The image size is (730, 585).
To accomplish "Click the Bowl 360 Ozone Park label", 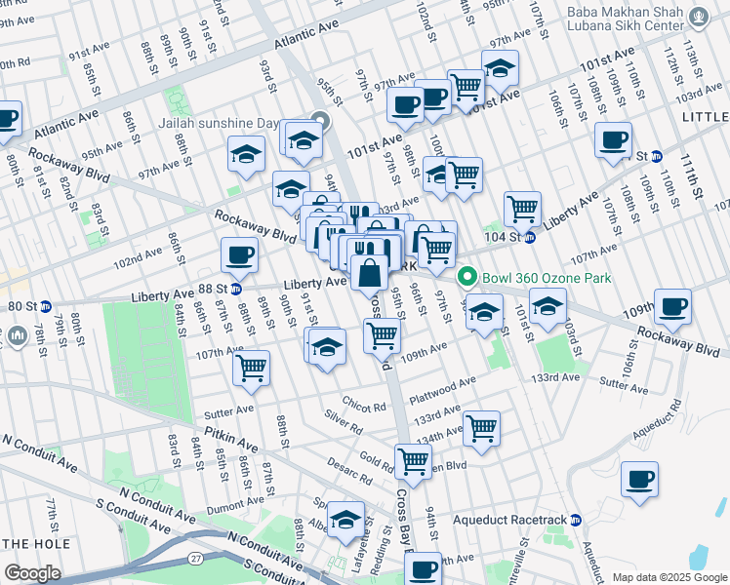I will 546,278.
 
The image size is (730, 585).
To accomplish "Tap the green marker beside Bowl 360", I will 467,278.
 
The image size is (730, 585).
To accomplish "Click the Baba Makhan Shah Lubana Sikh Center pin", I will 699,17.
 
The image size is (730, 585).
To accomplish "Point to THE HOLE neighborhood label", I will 35,542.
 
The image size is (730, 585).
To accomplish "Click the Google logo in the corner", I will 32,572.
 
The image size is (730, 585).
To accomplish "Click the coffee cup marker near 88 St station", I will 239,256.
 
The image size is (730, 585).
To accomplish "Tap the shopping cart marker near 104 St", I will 523,207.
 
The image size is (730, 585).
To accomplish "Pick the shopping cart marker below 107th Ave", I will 251,368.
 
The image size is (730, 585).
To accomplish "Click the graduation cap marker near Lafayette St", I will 345,520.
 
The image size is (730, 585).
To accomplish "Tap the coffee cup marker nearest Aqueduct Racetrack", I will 639,480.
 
